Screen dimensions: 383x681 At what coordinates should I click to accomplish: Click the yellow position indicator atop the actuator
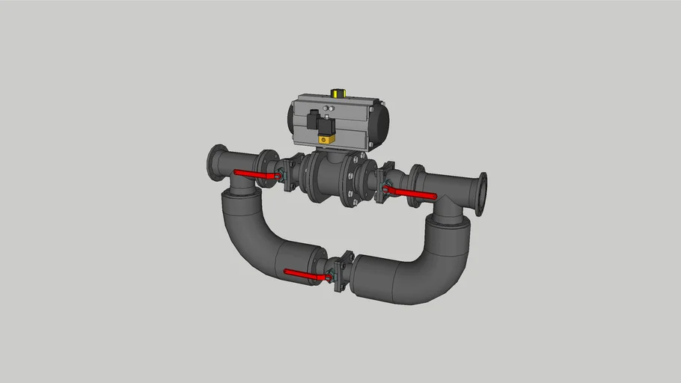[x=339, y=94]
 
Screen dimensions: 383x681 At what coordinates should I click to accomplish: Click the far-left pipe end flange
[x=216, y=163]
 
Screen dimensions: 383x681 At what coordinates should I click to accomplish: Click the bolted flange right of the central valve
[x=349, y=183]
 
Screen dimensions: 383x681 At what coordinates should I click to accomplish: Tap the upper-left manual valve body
[x=290, y=173]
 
